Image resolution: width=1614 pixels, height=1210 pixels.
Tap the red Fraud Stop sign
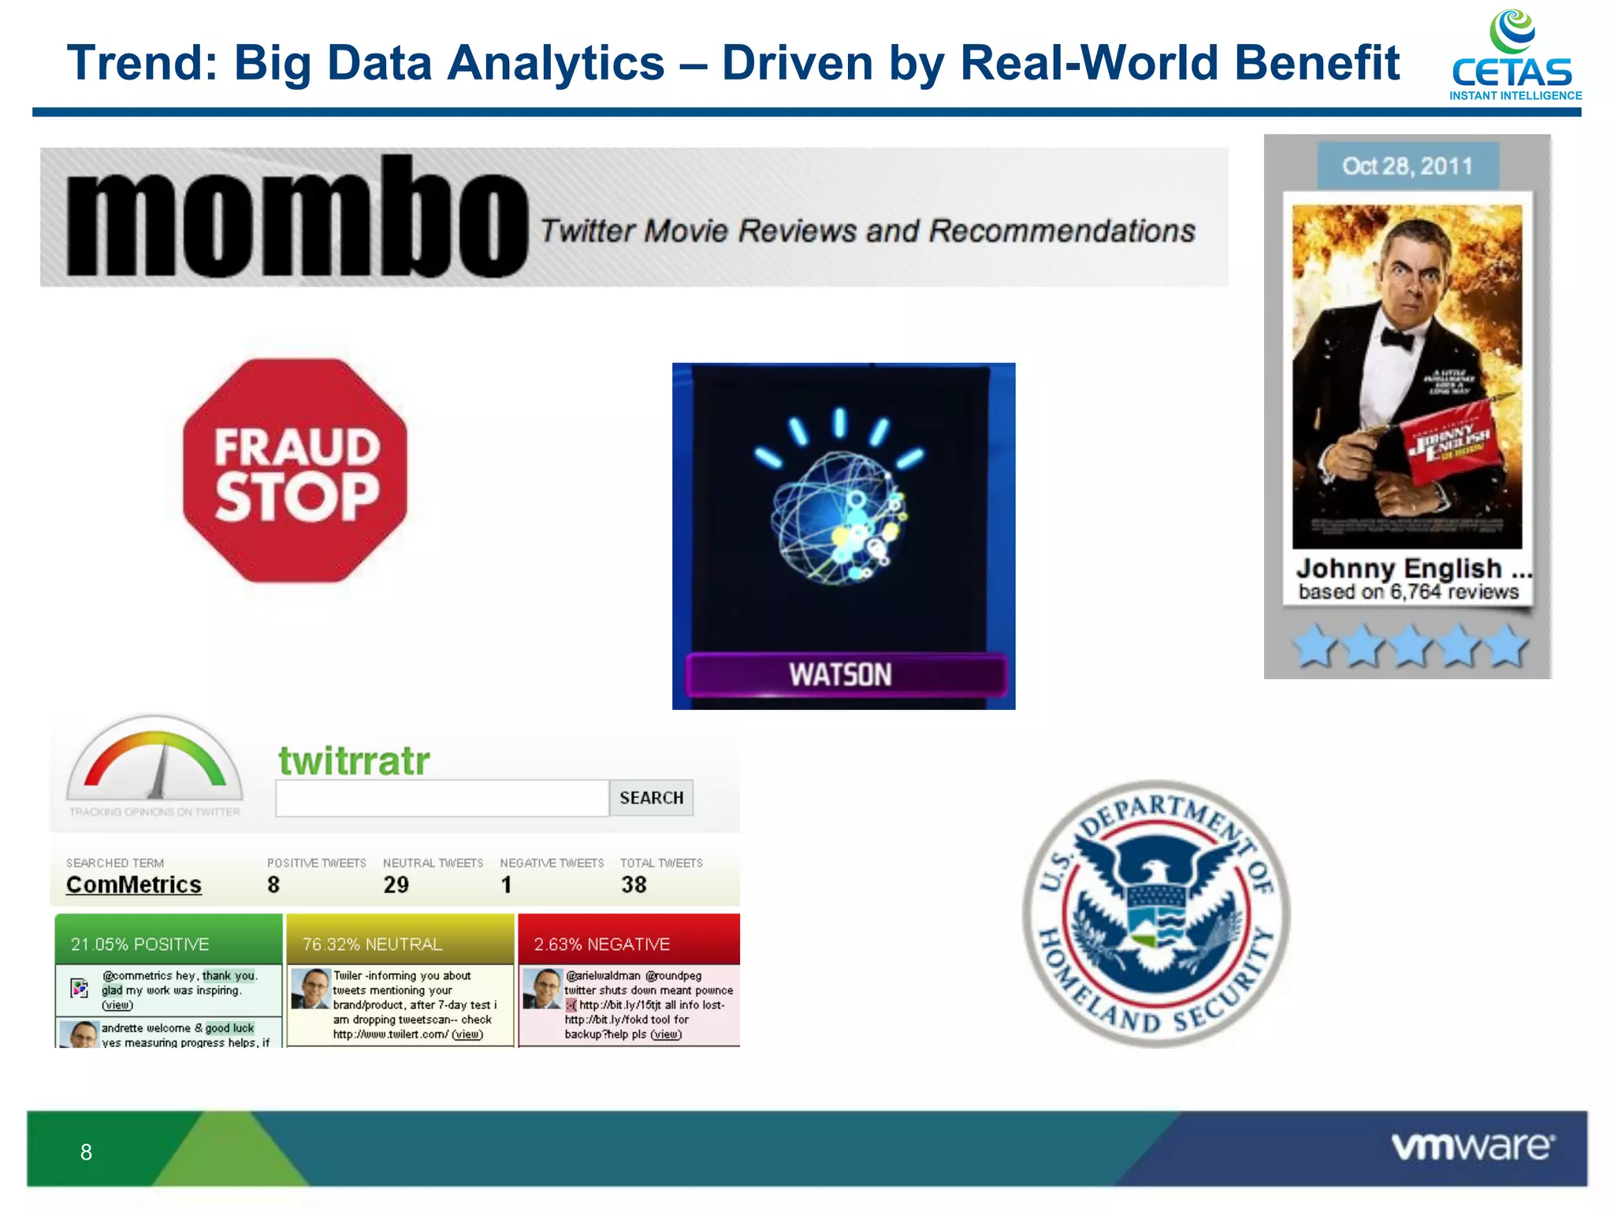coord(296,471)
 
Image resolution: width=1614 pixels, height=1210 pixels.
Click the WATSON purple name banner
coord(844,675)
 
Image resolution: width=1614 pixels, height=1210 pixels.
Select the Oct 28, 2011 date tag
coord(1408,166)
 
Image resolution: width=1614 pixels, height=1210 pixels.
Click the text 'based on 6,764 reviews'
coord(1408,592)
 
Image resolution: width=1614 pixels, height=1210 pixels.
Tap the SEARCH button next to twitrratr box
coord(651,798)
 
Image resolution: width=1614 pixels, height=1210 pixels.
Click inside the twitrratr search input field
coord(441,798)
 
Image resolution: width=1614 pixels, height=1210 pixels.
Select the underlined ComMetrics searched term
coord(134,885)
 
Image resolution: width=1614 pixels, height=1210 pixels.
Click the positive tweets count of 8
coord(273,885)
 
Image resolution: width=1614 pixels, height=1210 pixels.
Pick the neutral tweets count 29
coord(396,885)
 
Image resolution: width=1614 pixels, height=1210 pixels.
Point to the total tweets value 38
coord(634,885)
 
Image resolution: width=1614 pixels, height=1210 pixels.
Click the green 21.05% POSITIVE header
coord(169,943)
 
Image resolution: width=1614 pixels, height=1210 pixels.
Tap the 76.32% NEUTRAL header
coord(400,943)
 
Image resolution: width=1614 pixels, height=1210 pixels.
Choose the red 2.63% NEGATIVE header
coord(629,943)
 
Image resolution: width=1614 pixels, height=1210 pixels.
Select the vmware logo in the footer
coord(1472,1146)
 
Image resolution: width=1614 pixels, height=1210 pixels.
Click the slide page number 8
coord(86,1152)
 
